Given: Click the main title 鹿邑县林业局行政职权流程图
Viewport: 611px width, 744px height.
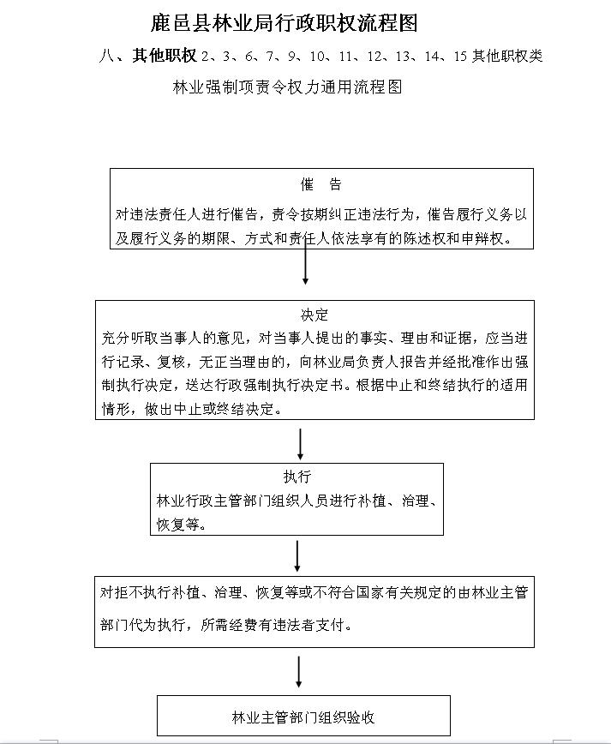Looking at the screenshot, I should (283, 23).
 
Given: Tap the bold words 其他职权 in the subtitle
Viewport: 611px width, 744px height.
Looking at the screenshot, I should (165, 56).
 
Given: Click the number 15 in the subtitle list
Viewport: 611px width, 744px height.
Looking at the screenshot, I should (460, 56).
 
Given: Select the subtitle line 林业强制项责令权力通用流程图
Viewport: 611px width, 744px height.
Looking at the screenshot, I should (288, 87).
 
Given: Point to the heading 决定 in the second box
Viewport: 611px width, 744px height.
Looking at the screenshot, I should (314, 315).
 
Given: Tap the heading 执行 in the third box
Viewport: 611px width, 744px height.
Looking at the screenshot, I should (297, 477).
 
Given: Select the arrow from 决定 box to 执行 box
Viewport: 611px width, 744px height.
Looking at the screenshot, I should (301, 443).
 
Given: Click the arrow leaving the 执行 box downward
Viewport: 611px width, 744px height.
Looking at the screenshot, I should (297, 555).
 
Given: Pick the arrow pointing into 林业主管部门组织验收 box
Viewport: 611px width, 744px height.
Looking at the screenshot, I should (298, 671).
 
